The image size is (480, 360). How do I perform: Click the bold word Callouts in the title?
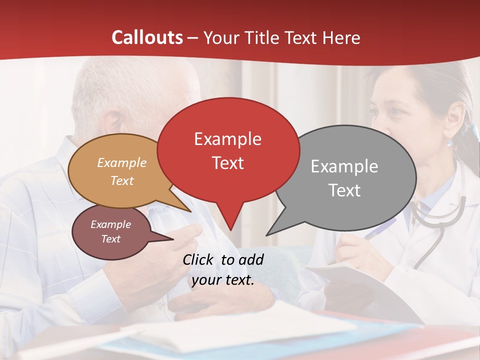(147, 37)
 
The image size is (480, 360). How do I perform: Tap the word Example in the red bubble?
(227, 138)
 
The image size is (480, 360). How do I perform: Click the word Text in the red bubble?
(227, 163)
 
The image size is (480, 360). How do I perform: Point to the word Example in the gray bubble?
(344, 166)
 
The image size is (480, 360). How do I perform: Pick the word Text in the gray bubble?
(344, 190)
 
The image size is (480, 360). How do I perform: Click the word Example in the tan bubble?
(122, 162)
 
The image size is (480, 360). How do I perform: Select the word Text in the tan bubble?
(122, 180)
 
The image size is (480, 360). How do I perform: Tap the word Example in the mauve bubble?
(110, 224)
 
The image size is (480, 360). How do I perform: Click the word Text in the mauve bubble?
(110, 239)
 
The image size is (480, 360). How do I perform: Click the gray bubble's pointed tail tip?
(267, 234)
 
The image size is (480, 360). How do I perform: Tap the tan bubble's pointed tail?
(189, 210)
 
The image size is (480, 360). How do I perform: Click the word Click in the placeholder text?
(199, 259)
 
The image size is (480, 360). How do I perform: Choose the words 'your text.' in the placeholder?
(222, 280)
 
